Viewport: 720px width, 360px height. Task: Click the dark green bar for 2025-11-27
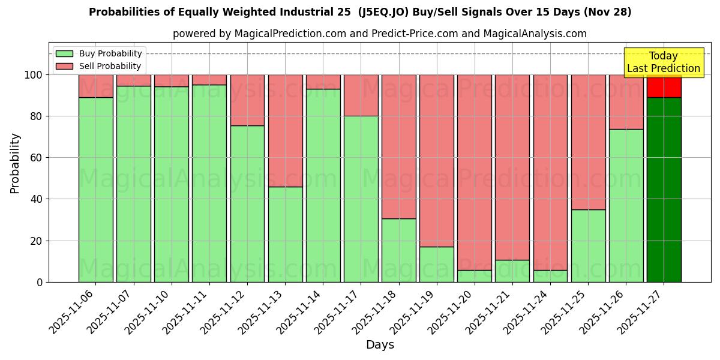tap(664, 189)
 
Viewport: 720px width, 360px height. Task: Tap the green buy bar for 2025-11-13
tap(286, 234)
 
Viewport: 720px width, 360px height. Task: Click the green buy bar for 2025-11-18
tap(399, 250)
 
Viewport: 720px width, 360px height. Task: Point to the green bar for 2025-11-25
tap(588, 245)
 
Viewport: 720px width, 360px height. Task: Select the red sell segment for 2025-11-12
tap(247, 100)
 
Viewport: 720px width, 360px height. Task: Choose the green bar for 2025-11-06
tap(96, 189)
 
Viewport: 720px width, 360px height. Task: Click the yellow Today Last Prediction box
tap(664, 62)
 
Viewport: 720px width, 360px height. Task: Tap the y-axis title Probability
tap(15, 163)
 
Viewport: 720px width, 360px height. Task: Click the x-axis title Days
tap(380, 345)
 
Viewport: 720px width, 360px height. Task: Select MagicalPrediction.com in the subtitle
tap(290, 34)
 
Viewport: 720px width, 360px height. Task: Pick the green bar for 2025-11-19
tap(437, 264)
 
